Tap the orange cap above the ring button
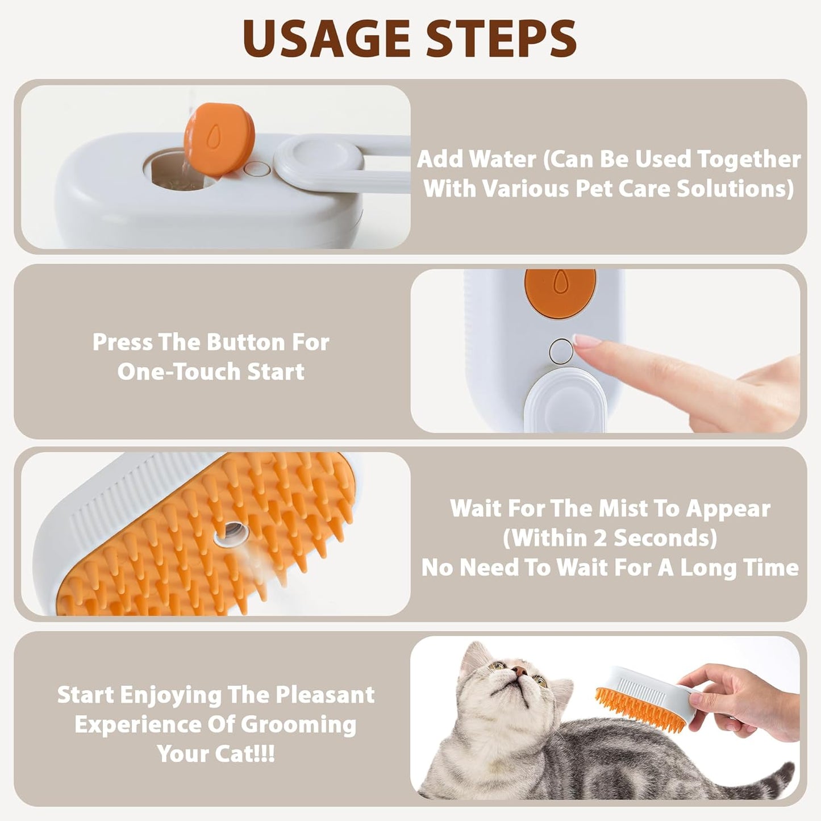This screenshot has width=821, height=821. point(560,290)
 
